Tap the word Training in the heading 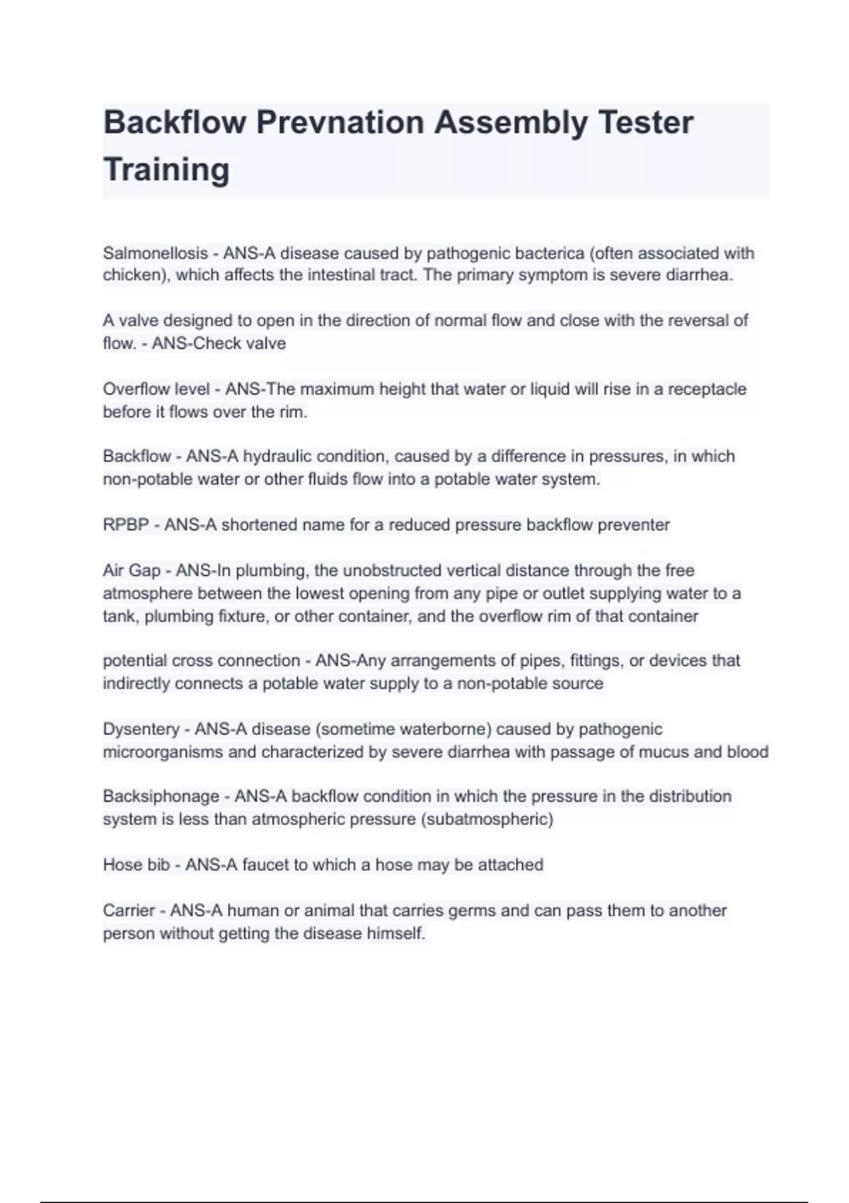point(166,170)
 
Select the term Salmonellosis point(155,253)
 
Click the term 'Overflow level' point(156,389)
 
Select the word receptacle point(707,389)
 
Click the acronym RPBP point(126,525)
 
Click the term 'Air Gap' point(132,570)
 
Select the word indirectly point(136,684)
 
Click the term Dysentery point(141,729)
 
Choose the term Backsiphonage point(161,797)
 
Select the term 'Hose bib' point(136,865)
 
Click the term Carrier point(128,911)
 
